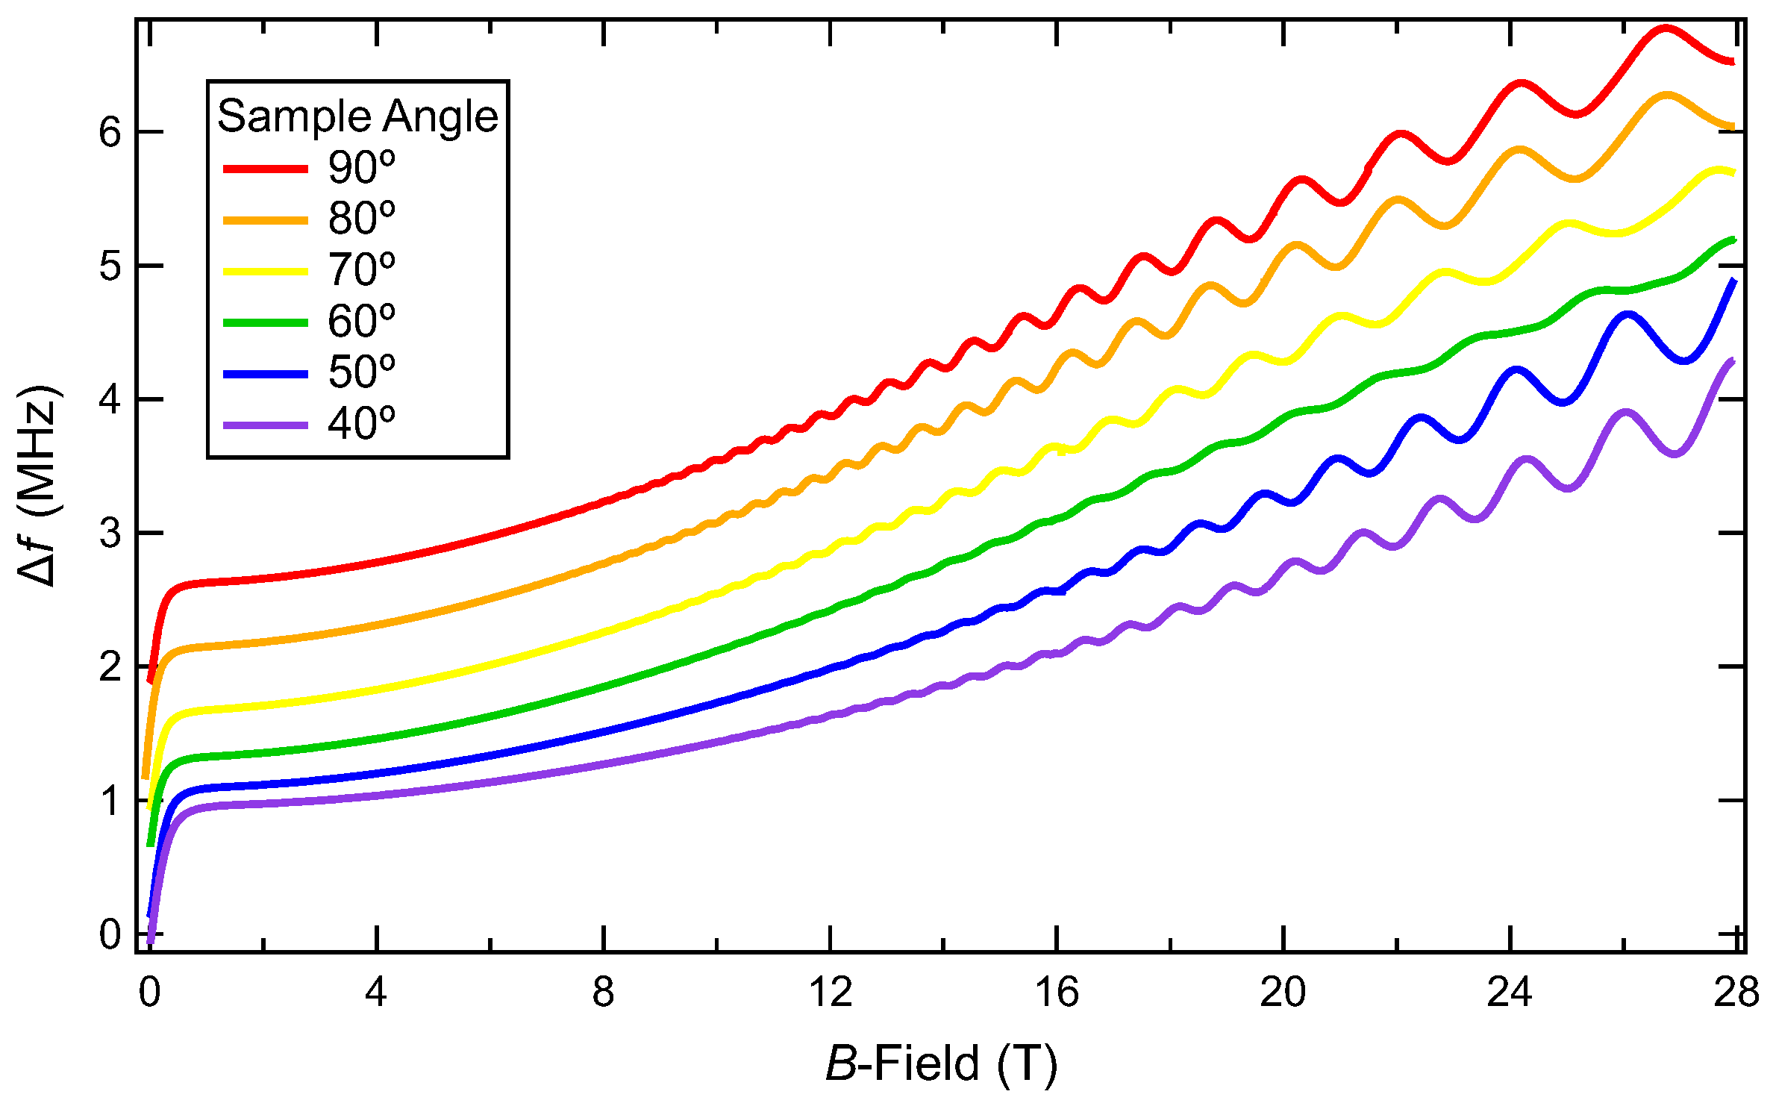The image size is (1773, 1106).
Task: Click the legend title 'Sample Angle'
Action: pyautogui.click(x=357, y=117)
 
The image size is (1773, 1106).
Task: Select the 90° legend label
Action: pyautogui.click(x=362, y=168)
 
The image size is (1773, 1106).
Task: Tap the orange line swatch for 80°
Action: pyautogui.click(x=266, y=220)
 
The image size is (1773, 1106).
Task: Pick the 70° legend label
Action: pyautogui.click(x=362, y=270)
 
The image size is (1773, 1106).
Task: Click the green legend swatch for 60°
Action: pyautogui.click(x=266, y=322)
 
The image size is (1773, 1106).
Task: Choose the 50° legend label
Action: pyautogui.click(x=362, y=372)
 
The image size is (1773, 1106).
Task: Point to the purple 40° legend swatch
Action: pyautogui.click(x=266, y=425)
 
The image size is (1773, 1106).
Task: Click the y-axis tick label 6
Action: pyautogui.click(x=110, y=133)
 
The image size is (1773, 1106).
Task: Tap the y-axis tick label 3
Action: pyautogui.click(x=110, y=534)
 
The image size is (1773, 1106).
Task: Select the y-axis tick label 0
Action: pyautogui.click(x=110, y=934)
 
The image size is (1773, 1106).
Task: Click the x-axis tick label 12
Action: pyautogui.click(x=830, y=993)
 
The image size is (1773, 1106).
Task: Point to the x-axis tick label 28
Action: pyautogui.click(x=1736, y=993)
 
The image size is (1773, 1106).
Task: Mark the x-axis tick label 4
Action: pyautogui.click(x=376, y=993)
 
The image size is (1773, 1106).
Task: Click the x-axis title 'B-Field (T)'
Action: pyautogui.click(x=942, y=1063)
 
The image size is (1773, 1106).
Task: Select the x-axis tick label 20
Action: pyautogui.click(x=1283, y=993)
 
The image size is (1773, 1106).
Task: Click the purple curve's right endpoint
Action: pyautogui.click(x=1732, y=361)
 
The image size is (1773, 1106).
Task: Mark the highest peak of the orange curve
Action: pyautogui.click(x=1666, y=96)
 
